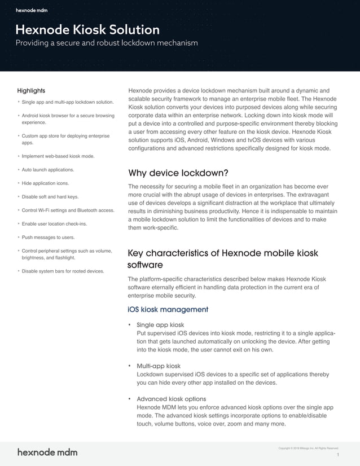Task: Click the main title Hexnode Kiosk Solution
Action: click(87, 29)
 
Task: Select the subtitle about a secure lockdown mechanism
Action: click(107, 43)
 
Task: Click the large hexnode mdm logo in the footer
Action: click(47, 452)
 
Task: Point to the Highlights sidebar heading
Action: click(31, 90)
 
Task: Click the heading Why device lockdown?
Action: click(178, 173)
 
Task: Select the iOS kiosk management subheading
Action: click(168, 309)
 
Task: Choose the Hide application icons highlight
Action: click(45, 183)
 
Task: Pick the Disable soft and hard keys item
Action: click(50, 197)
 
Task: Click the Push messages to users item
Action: click(48, 238)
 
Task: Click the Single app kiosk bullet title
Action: click(160, 325)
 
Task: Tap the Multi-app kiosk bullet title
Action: click(159, 366)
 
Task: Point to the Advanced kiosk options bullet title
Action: click(172, 399)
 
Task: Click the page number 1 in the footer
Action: click(337, 455)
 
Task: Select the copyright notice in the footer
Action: click(308, 448)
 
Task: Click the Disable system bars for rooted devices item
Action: click(63, 271)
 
